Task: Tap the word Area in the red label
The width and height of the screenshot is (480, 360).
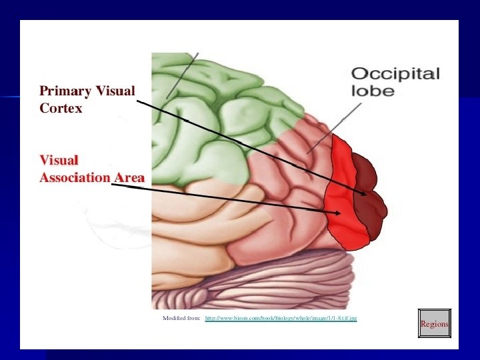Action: click(x=129, y=178)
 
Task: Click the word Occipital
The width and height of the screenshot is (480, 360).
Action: click(x=395, y=73)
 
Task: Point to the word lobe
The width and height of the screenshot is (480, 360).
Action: click(x=373, y=90)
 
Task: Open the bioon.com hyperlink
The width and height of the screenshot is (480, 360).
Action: click(x=281, y=319)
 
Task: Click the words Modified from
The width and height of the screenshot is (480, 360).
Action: click(x=181, y=319)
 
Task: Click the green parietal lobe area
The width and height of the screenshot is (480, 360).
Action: click(x=213, y=113)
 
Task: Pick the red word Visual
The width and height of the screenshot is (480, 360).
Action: click(x=59, y=161)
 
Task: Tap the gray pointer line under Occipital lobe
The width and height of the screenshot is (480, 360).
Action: click(x=327, y=133)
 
